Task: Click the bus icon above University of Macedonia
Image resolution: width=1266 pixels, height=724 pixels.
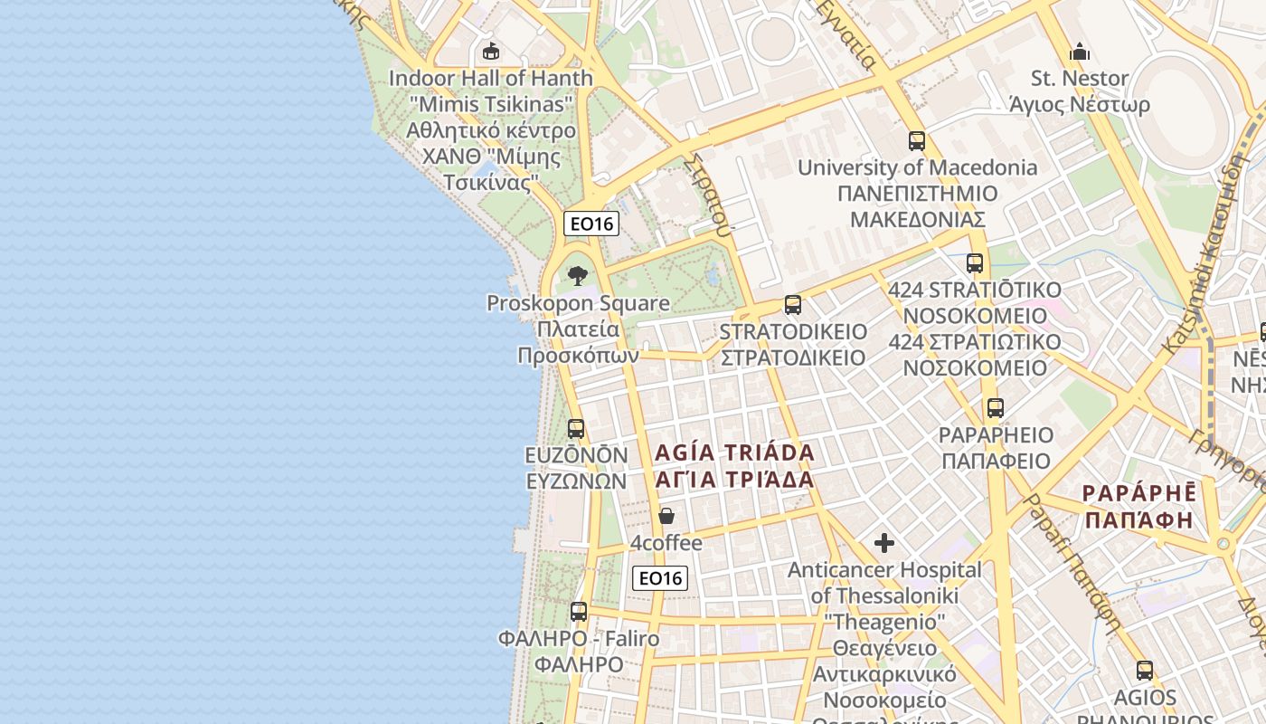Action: click(x=917, y=141)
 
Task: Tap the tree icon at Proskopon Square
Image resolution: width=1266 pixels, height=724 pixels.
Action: click(x=578, y=275)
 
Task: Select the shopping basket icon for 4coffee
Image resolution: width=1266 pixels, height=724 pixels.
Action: click(x=666, y=516)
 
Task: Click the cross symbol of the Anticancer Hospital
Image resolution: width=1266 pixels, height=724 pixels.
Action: click(x=884, y=543)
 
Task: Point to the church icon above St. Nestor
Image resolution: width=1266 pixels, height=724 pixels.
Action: click(x=1080, y=51)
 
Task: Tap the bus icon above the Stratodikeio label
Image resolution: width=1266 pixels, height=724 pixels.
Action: click(x=793, y=305)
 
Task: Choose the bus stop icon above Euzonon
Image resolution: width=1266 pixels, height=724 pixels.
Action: click(x=576, y=428)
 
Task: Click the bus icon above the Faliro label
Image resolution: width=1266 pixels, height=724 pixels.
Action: click(x=579, y=612)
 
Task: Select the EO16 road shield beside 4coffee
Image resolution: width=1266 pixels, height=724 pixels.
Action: click(x=660, y=578)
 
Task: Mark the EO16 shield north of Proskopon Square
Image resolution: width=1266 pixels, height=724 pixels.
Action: click(x=591, y=224)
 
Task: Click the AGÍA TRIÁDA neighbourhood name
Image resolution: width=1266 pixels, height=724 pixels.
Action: click(x=734, y=452)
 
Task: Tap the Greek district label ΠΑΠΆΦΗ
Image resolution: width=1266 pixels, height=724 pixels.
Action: click(x=1138, y=520)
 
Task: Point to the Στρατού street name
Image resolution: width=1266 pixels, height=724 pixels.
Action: click(x=708, y=192)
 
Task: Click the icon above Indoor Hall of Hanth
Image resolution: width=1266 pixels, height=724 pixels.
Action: click(x=491, y=51)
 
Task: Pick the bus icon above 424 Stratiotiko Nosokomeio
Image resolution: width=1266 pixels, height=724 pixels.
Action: click(x=975, y=263)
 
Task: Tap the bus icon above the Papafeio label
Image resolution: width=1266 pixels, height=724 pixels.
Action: click(x=996, y=408)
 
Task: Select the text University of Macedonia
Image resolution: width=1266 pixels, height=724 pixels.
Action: click(x=917, y=167)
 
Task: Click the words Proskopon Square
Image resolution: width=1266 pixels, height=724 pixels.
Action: click(x=578, y=303)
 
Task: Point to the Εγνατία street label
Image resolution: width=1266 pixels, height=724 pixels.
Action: click(x=846, y=33)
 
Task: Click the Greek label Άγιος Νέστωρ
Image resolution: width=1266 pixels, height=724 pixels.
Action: click(x=1080, y=105)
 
